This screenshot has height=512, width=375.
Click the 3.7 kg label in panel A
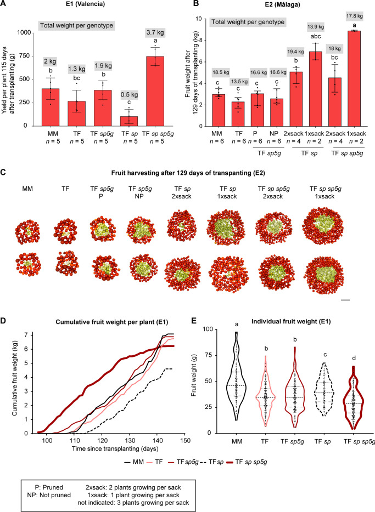[155, 32]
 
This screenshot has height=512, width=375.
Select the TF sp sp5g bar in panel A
[155, 91]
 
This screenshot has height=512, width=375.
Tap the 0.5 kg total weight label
[129, 95]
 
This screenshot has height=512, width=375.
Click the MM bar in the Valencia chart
[51, 107]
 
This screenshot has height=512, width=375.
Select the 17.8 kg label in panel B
[354, 16]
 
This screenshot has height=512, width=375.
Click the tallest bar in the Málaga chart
[354, 78]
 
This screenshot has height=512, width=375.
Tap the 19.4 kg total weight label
[295, 52]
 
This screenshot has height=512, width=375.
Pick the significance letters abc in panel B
[316, 36]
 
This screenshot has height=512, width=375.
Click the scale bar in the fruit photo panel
[345, 299]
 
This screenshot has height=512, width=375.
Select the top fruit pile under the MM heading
[27, 231]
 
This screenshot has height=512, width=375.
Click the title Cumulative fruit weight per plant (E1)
[112, 322]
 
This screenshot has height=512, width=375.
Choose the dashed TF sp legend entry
[211, 462]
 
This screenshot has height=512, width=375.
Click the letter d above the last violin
[354, 359]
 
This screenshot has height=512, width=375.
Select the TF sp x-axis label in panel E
[322, 441]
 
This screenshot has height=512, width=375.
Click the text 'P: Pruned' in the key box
[49, 487]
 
